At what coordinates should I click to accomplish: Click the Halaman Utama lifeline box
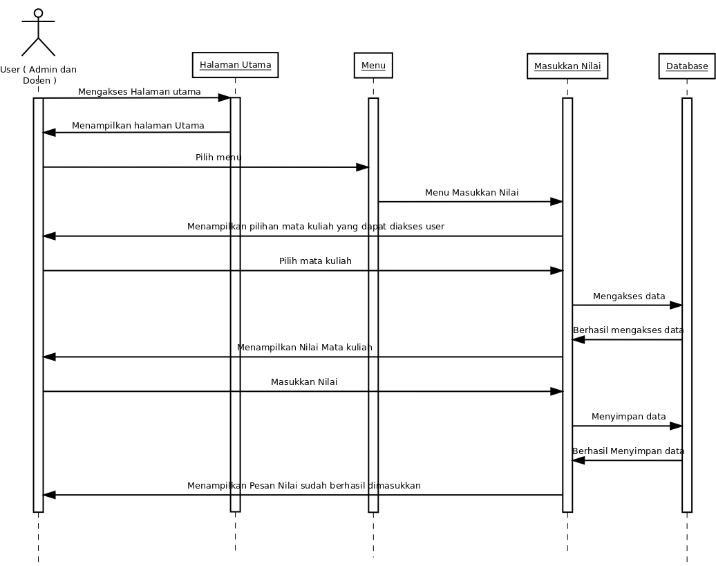tap(235, 65)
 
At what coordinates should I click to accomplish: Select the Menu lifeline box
tap(373, 66)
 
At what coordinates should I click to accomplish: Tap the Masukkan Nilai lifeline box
tap(567, 66)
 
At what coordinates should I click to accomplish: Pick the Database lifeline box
tap(686, 66)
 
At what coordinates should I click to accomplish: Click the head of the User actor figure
tap(38, 13)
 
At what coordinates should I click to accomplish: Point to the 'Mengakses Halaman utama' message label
tap(139, 91)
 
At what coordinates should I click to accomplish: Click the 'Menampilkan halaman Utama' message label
tap(138, 126)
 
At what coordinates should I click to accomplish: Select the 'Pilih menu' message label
tap(218, 158)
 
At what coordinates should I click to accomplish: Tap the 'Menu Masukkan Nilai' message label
tap(471, 193)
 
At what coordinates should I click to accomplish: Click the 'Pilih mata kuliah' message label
tap(315, 261)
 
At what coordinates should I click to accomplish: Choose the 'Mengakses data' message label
tap(628, 296)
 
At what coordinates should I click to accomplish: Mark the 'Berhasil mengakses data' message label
tap(628, 330)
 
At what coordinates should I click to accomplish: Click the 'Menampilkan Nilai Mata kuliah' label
tap(304, 347)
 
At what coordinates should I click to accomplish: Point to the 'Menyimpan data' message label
tap(628, 417)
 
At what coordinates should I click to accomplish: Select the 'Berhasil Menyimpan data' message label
tap(628, 451)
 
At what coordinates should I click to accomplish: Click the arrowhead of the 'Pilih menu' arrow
tap(362, 167)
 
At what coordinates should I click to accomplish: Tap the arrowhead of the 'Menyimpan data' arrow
tap(675, 426)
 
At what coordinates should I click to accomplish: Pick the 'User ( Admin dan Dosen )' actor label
tap(38, 75)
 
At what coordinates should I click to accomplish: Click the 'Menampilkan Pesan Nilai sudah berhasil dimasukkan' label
tap(303, 486)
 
